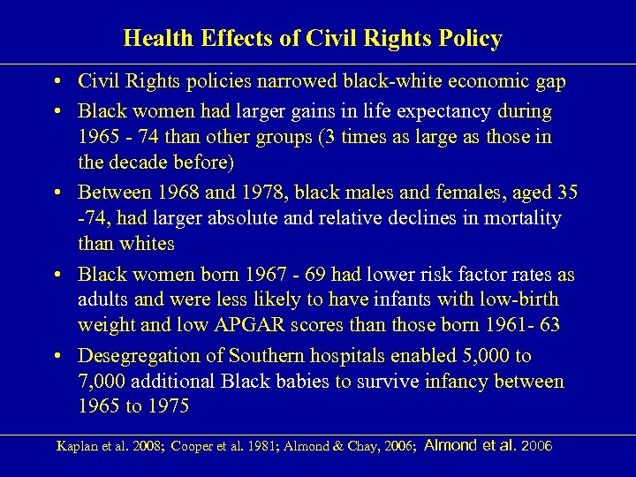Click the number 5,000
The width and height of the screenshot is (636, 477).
pos(486,355)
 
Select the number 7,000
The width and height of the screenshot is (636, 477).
pos(103,381)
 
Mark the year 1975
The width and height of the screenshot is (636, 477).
pos(163,406)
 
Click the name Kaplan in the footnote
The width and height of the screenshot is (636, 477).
pos(74,446)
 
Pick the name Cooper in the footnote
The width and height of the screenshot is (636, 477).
pos(193,446)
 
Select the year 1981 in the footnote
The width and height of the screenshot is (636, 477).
pos(261,446)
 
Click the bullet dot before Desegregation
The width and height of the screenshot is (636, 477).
pos(57,356)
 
